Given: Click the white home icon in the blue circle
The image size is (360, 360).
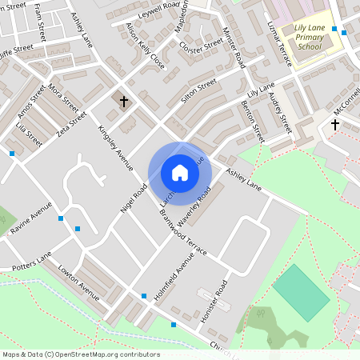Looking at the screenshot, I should coord(180,173).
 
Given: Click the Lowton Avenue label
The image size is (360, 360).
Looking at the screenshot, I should coord(79,284).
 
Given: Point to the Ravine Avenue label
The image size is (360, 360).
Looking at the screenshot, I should coord(30,218).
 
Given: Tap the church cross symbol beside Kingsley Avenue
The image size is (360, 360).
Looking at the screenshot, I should coord(124,102).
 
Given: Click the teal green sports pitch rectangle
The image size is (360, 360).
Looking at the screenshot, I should coord(301,292).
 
